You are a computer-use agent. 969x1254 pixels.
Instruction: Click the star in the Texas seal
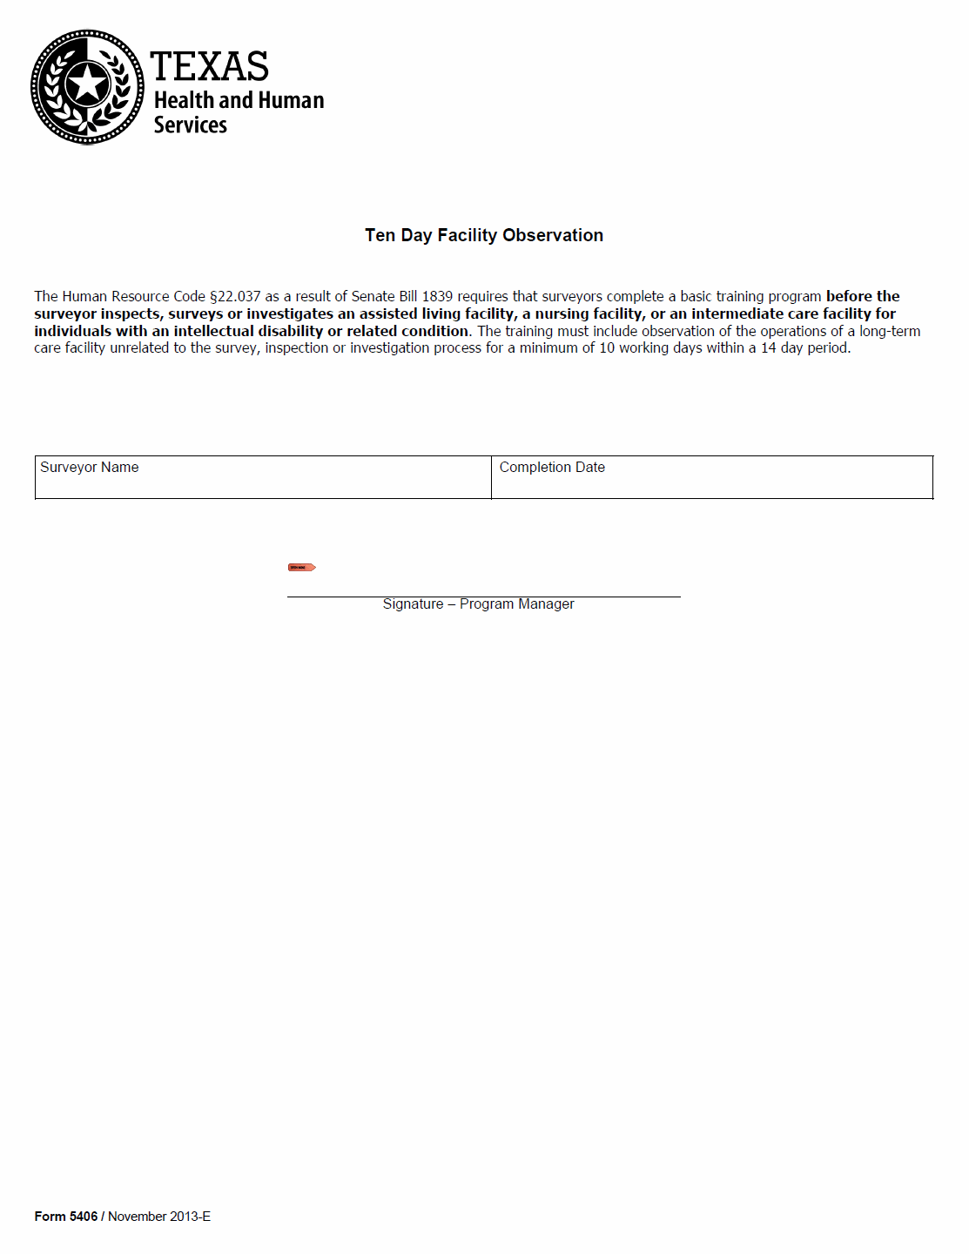point(87,85)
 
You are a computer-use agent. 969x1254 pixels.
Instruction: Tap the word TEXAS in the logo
point(209,67)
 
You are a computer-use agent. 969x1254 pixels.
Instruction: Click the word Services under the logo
point(190,125)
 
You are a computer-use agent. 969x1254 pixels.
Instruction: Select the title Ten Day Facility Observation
point(484,235)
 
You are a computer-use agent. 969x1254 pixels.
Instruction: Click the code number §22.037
point(235,297)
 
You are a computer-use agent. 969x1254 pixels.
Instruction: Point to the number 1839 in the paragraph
point(437,297)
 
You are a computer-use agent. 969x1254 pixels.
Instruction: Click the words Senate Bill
point(384,297)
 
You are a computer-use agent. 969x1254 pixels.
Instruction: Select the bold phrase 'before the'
point(863,297)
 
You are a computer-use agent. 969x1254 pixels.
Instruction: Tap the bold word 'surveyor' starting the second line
point(65,314)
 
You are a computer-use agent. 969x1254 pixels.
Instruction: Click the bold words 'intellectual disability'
point(248,331)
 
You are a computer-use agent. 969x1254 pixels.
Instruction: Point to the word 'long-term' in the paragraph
point(890,331)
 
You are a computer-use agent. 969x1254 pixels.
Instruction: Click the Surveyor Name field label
point(90,468)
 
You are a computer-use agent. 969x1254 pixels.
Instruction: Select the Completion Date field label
point(552,468)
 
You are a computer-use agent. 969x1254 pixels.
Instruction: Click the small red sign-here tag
point(301,568)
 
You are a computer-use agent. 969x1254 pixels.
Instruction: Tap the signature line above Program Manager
point(483,596)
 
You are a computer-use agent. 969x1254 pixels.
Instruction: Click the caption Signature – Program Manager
point(478,604)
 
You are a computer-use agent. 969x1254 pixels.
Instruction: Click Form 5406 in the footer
point(66,1217)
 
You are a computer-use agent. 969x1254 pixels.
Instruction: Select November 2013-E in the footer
point(159,1217)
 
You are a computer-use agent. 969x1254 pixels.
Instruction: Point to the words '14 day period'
point(805,348)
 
